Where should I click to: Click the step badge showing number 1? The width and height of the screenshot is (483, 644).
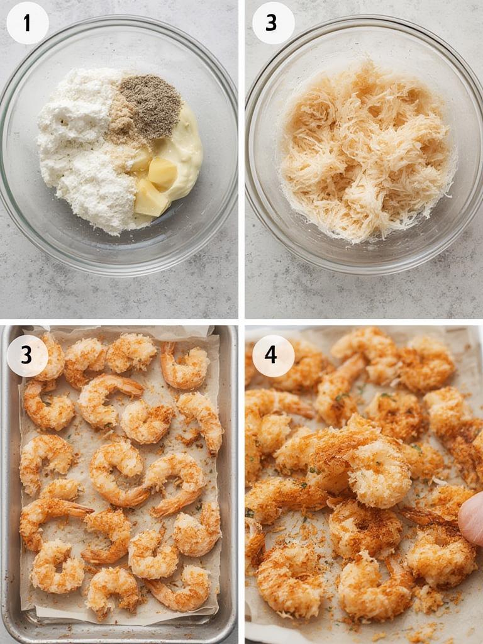27,23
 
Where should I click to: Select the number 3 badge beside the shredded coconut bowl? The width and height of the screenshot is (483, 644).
273,23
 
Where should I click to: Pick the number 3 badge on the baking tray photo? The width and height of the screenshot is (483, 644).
27,355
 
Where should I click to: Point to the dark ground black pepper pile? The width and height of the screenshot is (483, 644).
150,105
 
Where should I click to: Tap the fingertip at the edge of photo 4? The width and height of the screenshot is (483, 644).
473,519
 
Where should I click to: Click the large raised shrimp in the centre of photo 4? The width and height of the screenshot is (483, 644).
371,469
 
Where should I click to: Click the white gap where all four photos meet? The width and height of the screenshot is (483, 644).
241,321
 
